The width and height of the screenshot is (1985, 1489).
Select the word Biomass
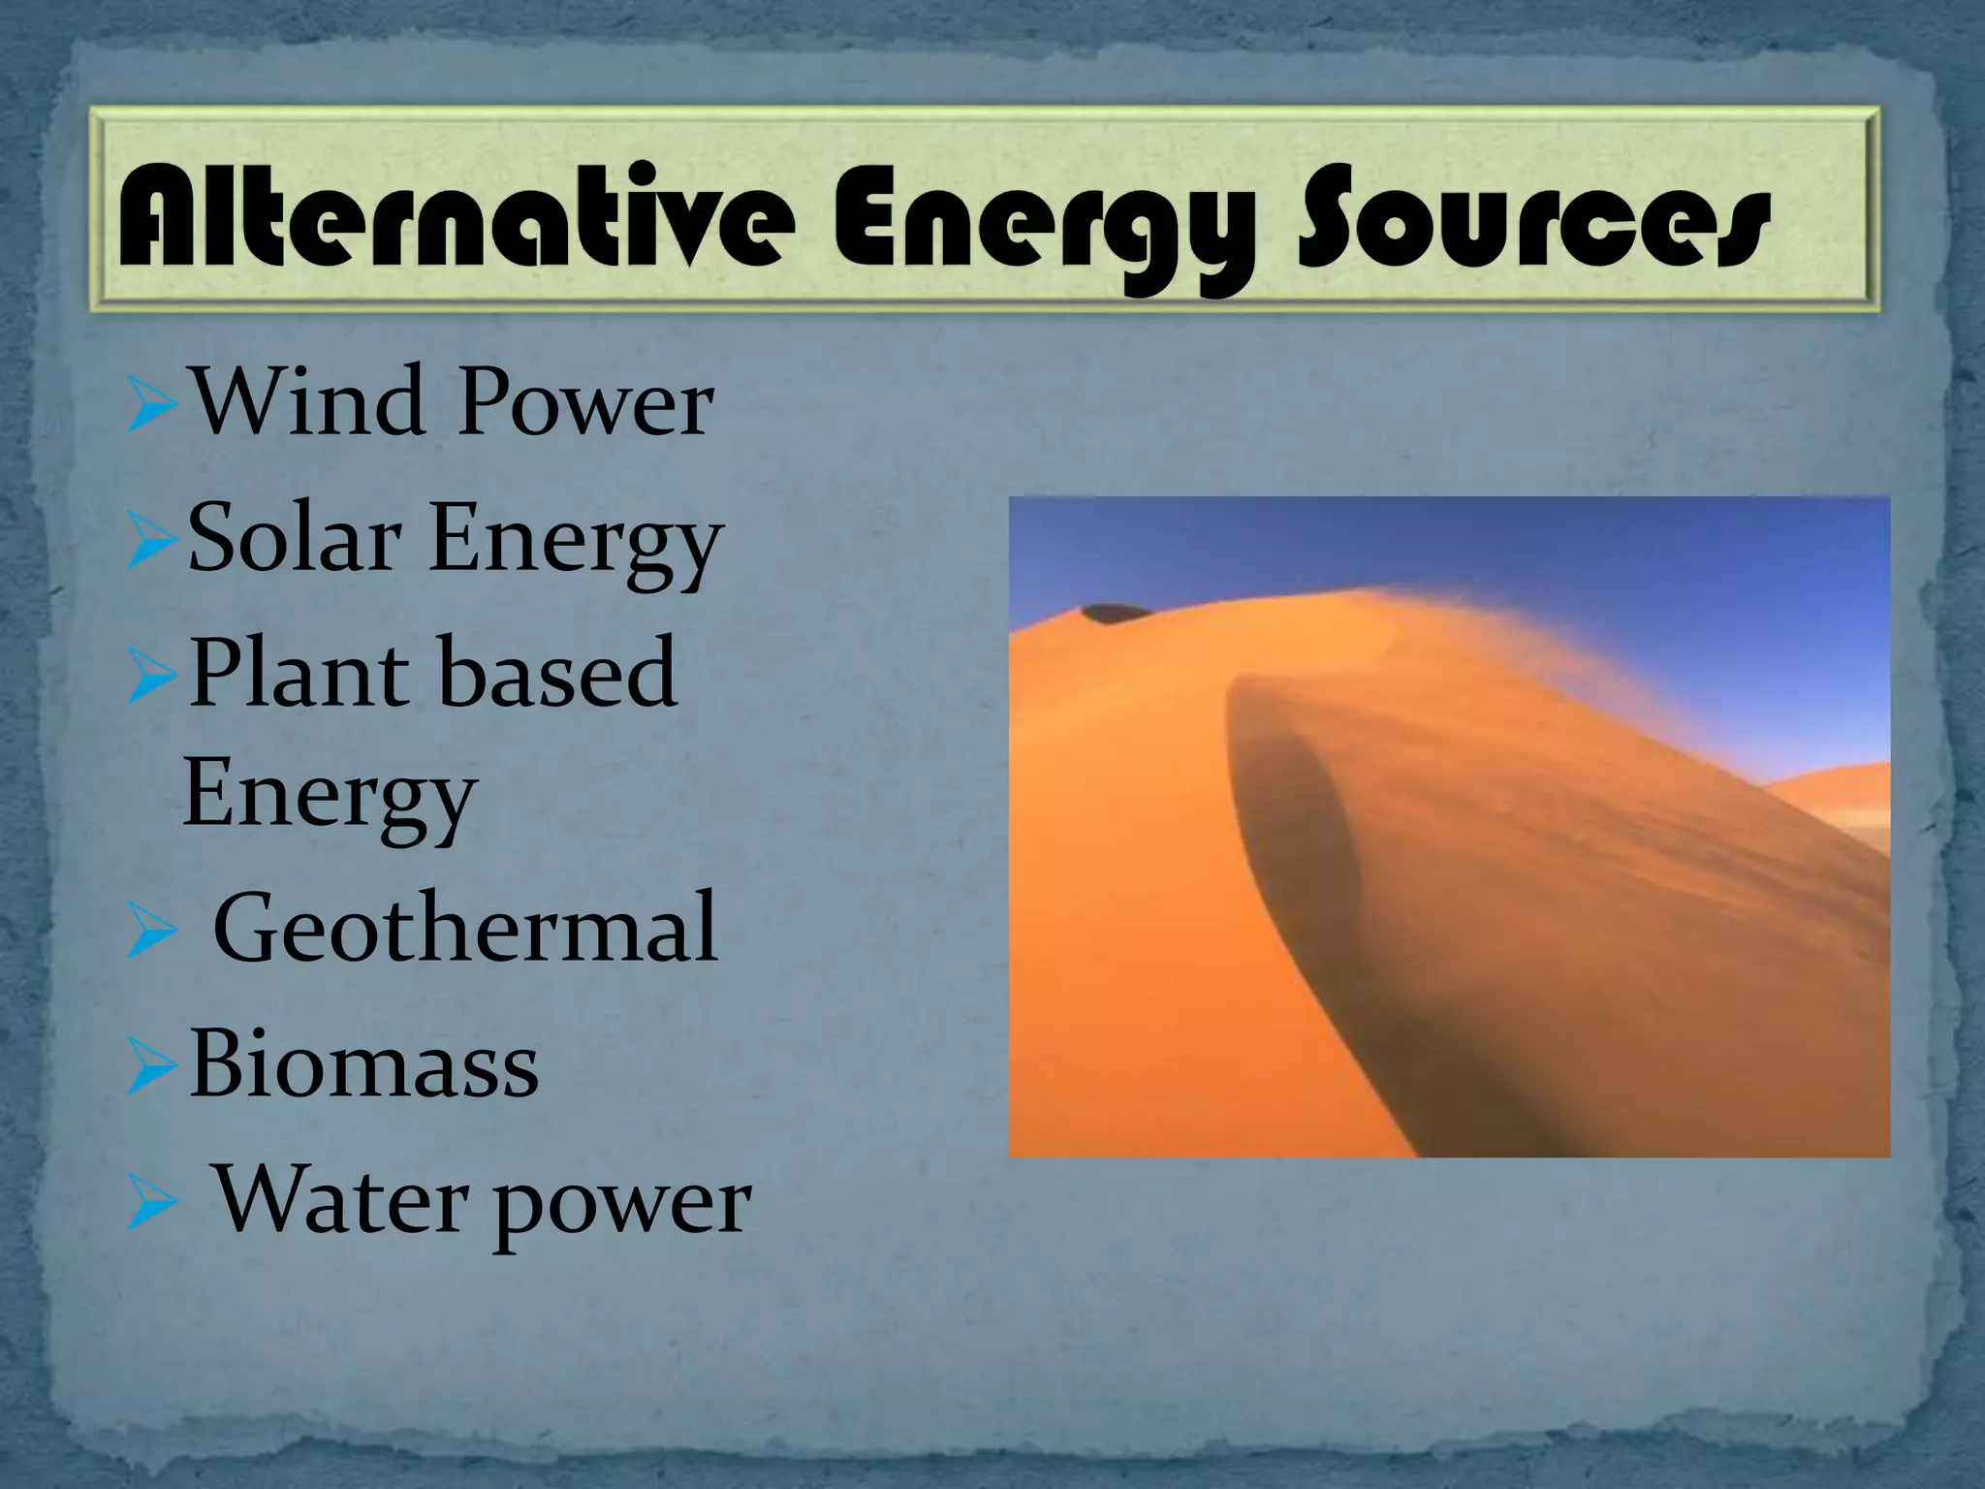(x=363, y=1064)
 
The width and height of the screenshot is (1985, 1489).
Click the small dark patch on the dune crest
(x=1113, y=613)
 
